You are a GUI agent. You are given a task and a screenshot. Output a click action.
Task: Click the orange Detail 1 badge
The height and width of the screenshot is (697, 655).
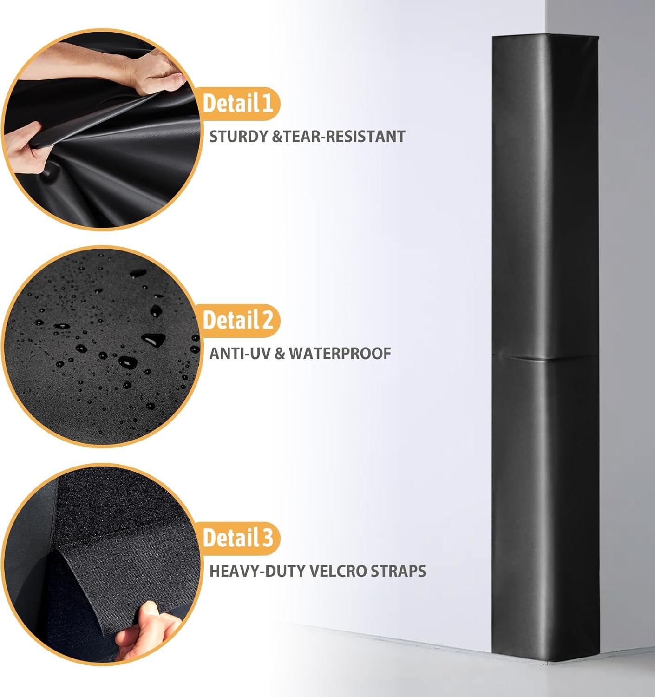point(238,103)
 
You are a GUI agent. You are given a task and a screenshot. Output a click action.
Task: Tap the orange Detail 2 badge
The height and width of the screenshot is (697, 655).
point(238,320)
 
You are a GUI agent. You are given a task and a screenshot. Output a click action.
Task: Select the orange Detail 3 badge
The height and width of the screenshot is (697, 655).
point(238,538)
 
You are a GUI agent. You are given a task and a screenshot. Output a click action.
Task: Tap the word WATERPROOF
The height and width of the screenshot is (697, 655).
point(340,354)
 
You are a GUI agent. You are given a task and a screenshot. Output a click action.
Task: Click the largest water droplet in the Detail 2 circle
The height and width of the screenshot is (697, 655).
point(153,340)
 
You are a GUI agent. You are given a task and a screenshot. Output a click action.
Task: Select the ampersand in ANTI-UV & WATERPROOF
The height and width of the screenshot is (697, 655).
point(280,354)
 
